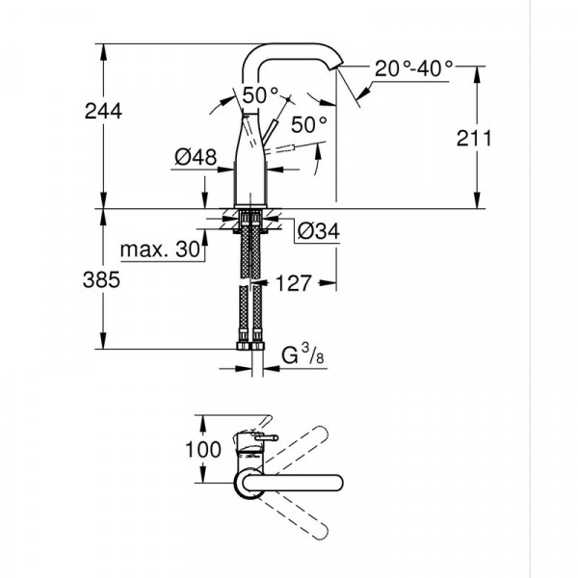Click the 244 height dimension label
click(x=102, y=111)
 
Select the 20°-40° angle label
click(x=414, y=69)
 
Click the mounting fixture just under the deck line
click(x=251, y=218)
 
